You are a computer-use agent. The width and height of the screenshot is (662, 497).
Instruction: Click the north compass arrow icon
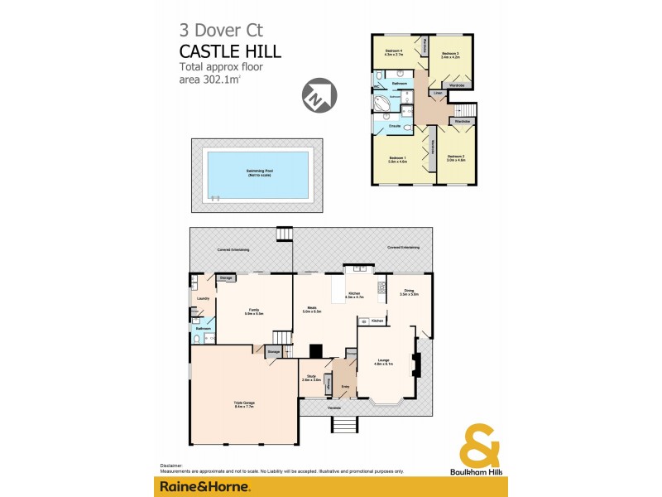319,94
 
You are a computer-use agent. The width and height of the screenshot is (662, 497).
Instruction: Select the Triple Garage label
243,405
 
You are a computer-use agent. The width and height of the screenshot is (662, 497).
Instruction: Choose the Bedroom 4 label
394,53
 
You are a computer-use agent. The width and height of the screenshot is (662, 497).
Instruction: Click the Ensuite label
384,127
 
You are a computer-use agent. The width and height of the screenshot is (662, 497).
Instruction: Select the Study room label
311,378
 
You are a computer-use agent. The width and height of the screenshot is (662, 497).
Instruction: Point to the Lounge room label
383,361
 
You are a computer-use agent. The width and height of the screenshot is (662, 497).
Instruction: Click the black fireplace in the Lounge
418,365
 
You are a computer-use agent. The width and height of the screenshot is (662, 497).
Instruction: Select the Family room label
253,312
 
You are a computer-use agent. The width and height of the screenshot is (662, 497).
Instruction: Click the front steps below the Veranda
344,423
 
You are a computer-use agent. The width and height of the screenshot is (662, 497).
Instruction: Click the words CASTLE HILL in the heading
230,51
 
